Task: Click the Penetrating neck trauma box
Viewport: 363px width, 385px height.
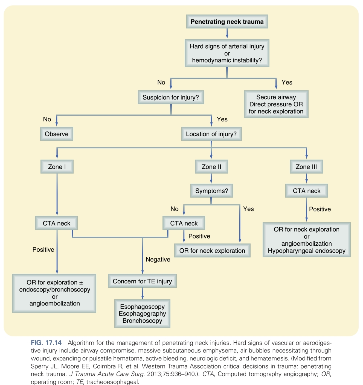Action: (x=227, y=22)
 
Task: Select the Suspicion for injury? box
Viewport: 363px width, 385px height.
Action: (x=171, y=97)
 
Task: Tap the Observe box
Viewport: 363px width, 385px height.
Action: (x=57, y=134)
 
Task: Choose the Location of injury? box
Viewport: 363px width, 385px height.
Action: (x=211, y=134)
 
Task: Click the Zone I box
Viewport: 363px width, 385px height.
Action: (x=57, y=167)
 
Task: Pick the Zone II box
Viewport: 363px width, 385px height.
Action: (x=211, y=167)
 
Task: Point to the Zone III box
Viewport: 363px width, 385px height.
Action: (x=306, y=167)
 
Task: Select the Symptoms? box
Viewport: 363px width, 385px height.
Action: (x=211, y=191)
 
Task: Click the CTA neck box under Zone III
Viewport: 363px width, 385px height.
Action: (x=306, y=191)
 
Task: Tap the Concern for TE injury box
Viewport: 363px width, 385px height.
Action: (x=142, y=281)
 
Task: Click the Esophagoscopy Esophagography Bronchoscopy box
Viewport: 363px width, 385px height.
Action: (x=142, y=314)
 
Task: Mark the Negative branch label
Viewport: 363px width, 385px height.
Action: (x=158, y=259)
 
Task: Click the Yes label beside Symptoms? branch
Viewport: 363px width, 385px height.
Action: (x=248, y=209)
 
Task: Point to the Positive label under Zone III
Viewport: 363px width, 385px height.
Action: (x=320, y=209)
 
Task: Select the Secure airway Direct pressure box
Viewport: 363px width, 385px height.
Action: (x=276, y=104)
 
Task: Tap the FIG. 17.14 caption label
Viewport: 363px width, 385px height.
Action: (x=46, y=343)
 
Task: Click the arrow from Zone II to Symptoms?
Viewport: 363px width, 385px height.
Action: (x=211, y=179)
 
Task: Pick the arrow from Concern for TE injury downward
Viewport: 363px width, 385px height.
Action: (x=142, y=293)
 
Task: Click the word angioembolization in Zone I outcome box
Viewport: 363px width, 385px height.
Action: (x=55, y=303)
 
